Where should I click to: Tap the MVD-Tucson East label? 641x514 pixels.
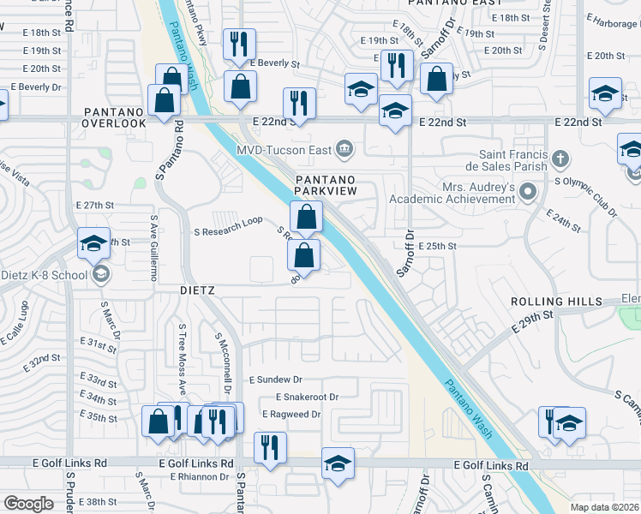click(285, 150)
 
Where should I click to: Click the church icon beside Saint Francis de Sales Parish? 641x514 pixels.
click(560, 158)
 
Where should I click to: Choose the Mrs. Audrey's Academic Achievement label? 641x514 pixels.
click(454, 193)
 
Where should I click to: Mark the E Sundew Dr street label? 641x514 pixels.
click(276, 379)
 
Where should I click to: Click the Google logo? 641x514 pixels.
click(29, 504)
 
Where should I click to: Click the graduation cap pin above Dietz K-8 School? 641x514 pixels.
click(93, 245)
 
